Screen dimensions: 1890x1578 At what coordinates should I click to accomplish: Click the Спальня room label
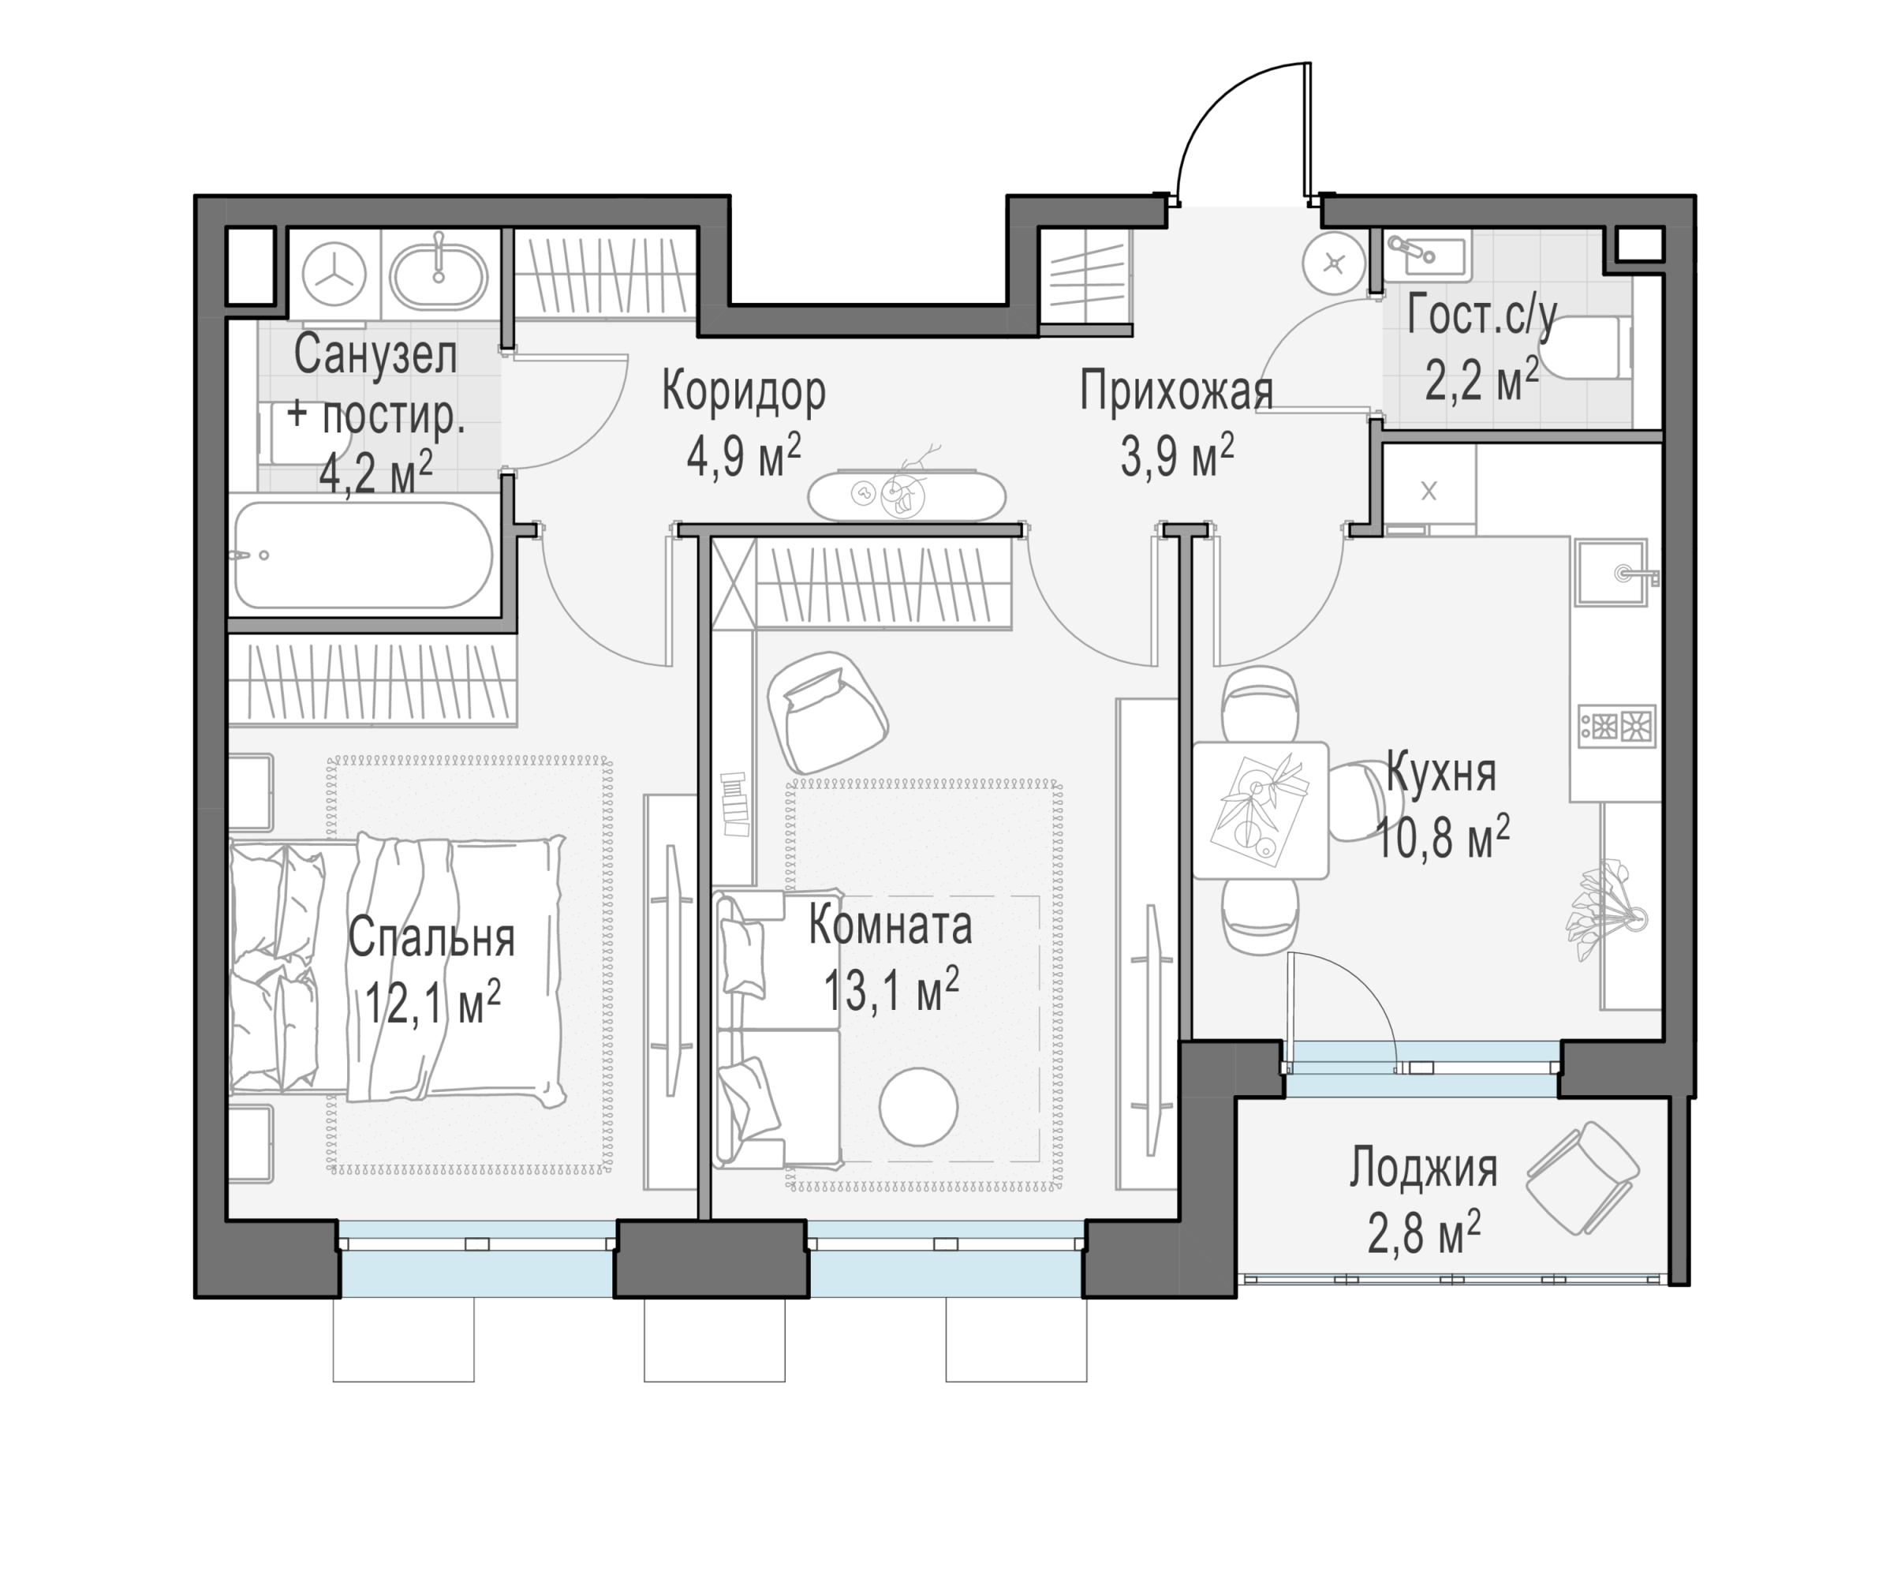(x=431, y=938)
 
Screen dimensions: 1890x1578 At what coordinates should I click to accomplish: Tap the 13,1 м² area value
(x=891, y=991)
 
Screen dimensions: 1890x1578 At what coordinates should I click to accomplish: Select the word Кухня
(x=1441, y=773)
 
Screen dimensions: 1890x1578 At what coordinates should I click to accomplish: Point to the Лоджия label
(x=1424, y=1169)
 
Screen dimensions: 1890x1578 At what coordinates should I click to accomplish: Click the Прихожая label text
(x=1176, y=391)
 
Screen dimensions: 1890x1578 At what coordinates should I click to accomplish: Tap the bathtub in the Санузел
(x=364, y=555)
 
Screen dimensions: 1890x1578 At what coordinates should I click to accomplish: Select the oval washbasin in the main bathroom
(x=439, y=275)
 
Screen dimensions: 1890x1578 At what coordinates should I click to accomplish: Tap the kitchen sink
(x=1611, y=573)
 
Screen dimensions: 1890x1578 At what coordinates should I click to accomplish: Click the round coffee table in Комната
(x=918, y=1106)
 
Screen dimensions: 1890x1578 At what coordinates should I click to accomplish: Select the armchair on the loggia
(x=1583, y=1177)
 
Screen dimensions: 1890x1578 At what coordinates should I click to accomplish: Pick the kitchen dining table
(x=1260, y=810)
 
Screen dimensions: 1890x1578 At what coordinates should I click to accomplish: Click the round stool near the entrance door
(x=1334, y=264)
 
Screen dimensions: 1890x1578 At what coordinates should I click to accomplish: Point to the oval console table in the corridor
(x=906, y=495)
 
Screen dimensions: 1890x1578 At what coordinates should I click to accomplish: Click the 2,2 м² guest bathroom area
(x=1481, y=383)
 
